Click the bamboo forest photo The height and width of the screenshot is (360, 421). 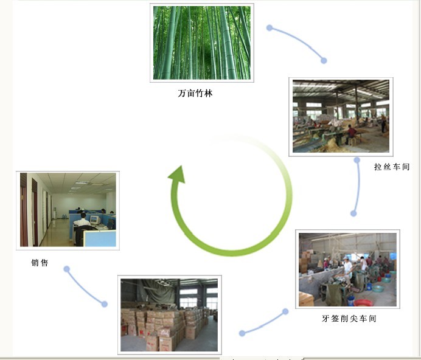pyautogui.click(x=201, y=43)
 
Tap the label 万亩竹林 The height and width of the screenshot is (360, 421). pyautogui.click(x=195, y=94)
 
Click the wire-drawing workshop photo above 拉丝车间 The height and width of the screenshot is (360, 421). pyautogui.click(x=341, y=116)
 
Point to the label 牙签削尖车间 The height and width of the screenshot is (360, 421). pyautogui.click(x=349, y=318)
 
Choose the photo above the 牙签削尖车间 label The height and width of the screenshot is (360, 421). pyautogui.click(x=347, y=269)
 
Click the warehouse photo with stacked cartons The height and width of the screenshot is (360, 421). pyautogui.click(x=169, y=314)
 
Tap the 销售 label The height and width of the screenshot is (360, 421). pyautogui.click(x=40, y=263)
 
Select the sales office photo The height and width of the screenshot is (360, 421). pyautogui.click(x=68, y=210)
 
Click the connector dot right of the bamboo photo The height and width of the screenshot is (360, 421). pyautogui.click(x=269, y=28)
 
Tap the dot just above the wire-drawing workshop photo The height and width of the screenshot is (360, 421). pyautogui.click(x=324, y=60)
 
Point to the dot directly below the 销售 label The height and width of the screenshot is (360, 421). pyautogui.click(x=66, y=269)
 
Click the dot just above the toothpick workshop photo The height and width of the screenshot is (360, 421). pyautogui.click(x=353, y=213)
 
